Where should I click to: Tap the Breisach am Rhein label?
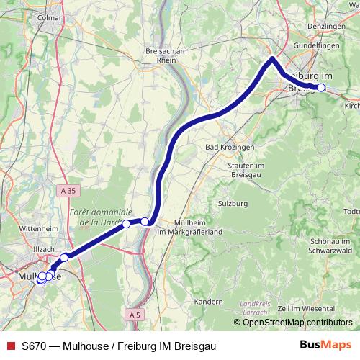point(166,56)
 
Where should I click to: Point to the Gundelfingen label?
point(315,45)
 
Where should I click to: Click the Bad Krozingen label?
point(230,148)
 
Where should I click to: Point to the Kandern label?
point(209,300)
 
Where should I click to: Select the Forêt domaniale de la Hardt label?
point(102,217)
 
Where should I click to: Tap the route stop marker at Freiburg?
point(321,88)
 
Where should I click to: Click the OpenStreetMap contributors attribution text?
point(297,323)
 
